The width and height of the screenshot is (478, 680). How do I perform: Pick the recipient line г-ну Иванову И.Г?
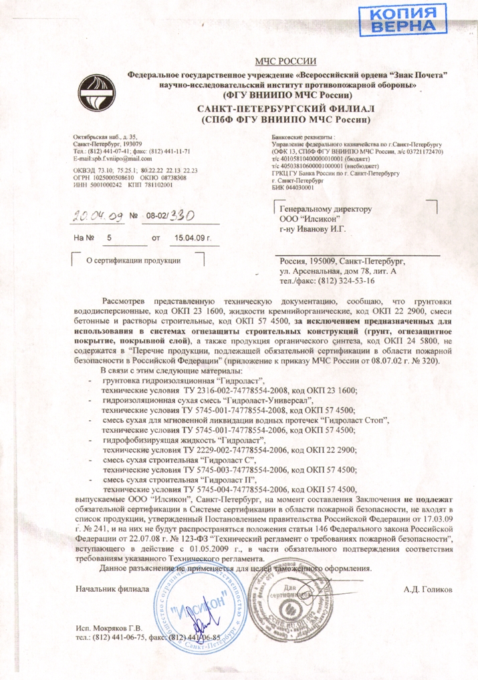click(x=312, y=229)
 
